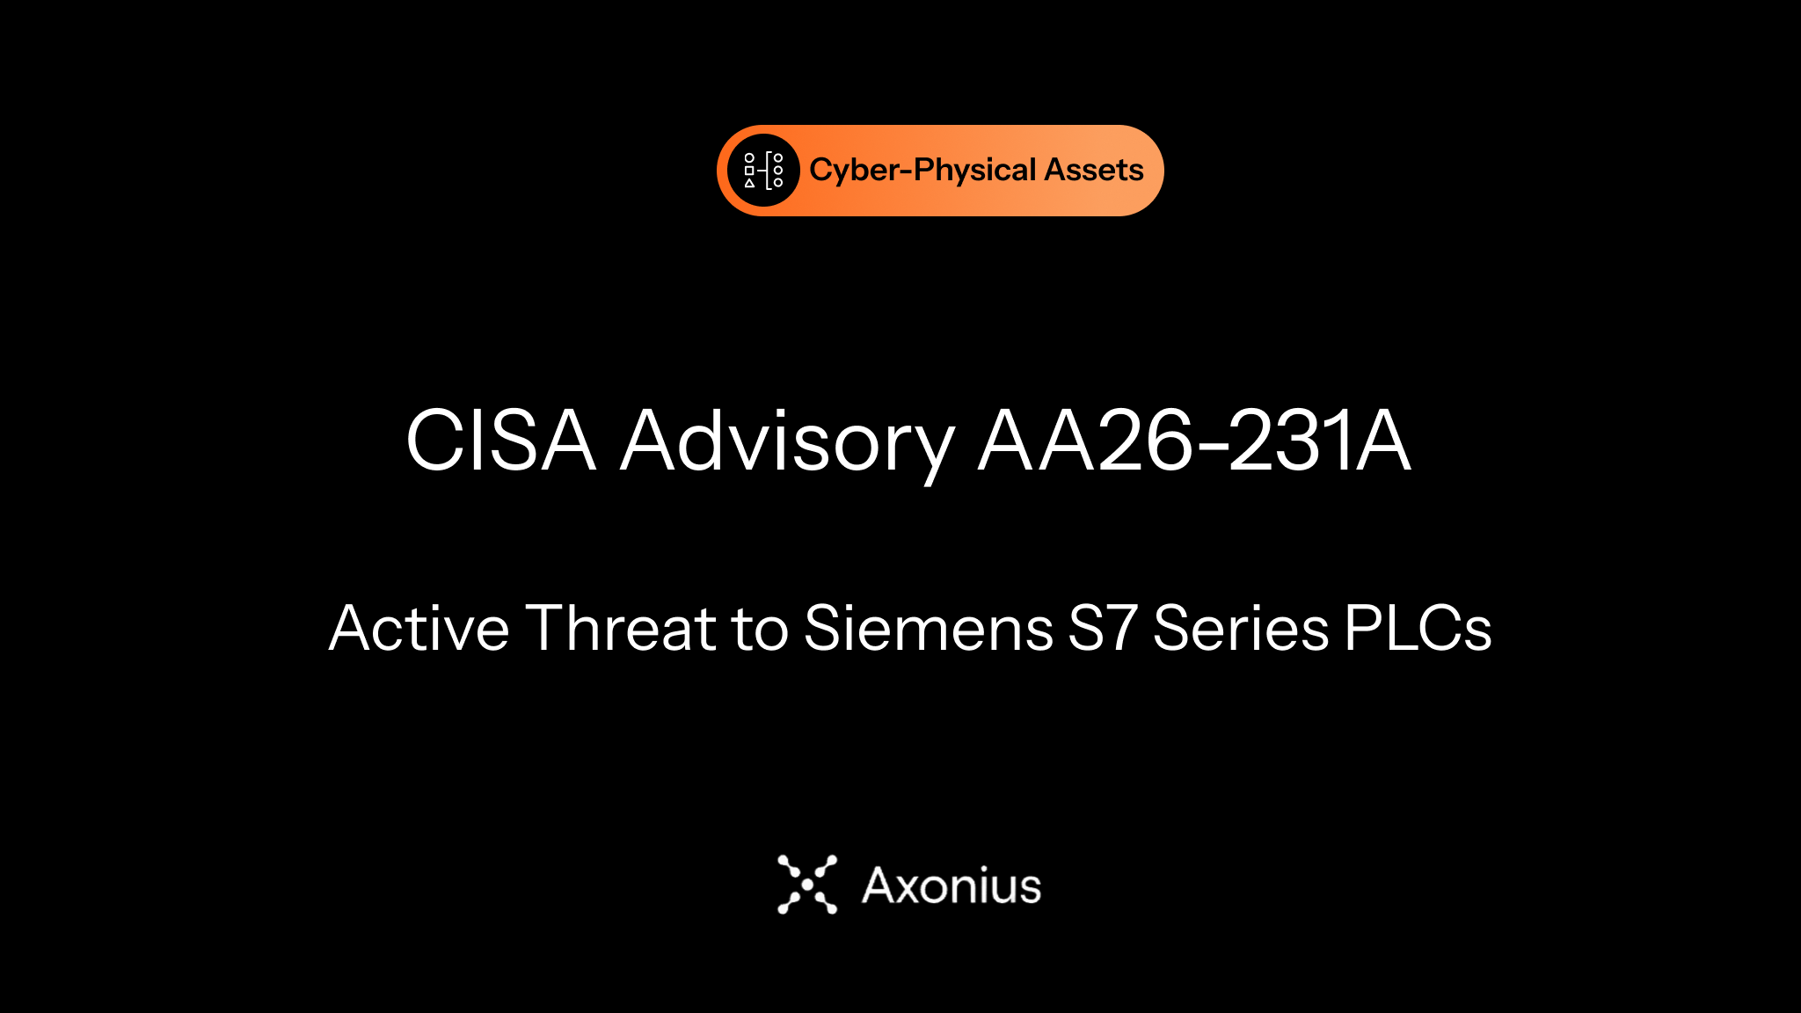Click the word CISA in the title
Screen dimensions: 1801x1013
click(501, 440)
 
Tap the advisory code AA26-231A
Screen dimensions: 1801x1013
click(1194, 440)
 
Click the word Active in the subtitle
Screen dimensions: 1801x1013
click(419, 628)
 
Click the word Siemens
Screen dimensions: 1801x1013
click(929, 628)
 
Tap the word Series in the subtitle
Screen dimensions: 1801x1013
click(1241, 628)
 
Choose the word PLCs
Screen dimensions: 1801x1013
click(1418, 628)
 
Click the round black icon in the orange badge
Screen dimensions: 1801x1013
click(763, 171)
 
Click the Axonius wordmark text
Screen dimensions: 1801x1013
click(952, 885)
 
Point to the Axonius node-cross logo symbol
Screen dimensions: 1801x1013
click(807, 885)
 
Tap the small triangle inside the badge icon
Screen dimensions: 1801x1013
click(749, 183)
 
